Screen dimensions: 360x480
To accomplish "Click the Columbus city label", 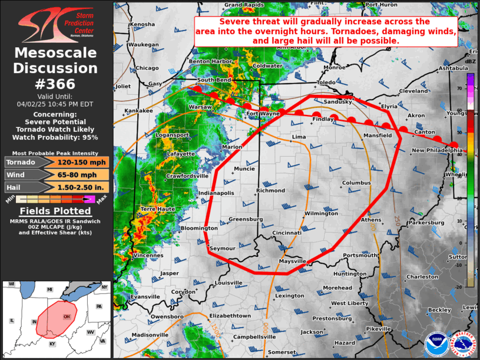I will coord(356,183).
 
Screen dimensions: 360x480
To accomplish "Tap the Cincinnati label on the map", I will coord(287,233).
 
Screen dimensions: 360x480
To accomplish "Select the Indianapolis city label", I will coord(217,193).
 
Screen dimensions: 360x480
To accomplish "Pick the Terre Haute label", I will coord(157,209).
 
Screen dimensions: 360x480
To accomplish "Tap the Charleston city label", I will coord(422,276).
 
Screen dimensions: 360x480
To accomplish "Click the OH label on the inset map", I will coord(67,316).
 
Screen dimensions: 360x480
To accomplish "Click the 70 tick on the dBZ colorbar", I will coord(460,88).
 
